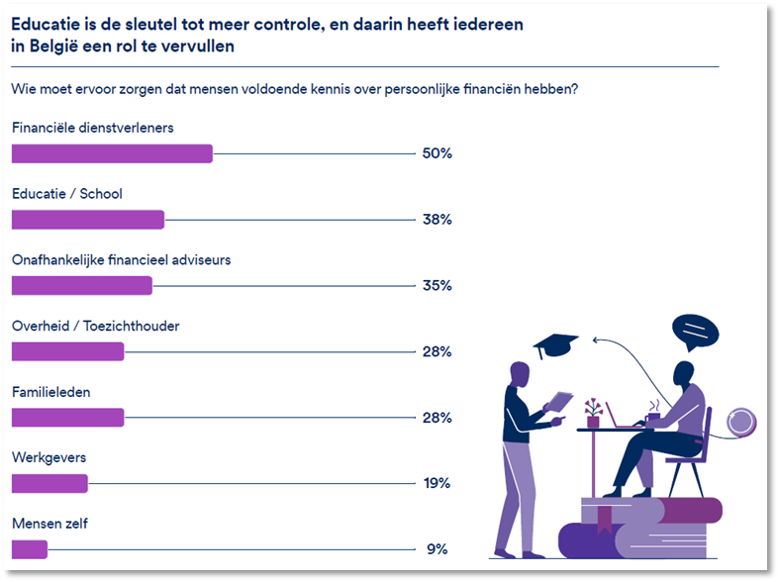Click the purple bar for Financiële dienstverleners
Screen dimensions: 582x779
pyautogui.click(x=112, y=153)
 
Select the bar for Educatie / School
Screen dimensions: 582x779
pyautogui.click(x=87, y=220)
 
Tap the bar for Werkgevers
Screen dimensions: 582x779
pyautogui.click(x=49, y=483)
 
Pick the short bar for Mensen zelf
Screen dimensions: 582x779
pyautogui.click(x=29, y=549)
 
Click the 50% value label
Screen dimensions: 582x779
pyautogui.click(x=437, y=153)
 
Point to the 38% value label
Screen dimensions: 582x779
pyautogui.click(x=437, y=220)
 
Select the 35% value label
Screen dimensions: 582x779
pyautogui.click(x=437, y=286)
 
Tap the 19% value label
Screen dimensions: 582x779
pyautogui.click(x=437, y=483)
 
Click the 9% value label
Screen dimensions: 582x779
pyautogui.click(x=437, y=549)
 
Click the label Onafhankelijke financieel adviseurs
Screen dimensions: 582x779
pyautogui.click(x=121, y=260)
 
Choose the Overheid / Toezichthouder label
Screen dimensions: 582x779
pyautogui.click(x=95, y=326)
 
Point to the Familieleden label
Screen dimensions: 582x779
pyautogui.click(x=50, y=392)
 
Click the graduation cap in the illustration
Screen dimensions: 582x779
pyautogui.click(x=555, y=346)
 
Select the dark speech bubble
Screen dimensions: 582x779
pyautogui.click(x=694, y=331)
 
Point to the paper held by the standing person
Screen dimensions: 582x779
pyautogui.click(x=559, y=401)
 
